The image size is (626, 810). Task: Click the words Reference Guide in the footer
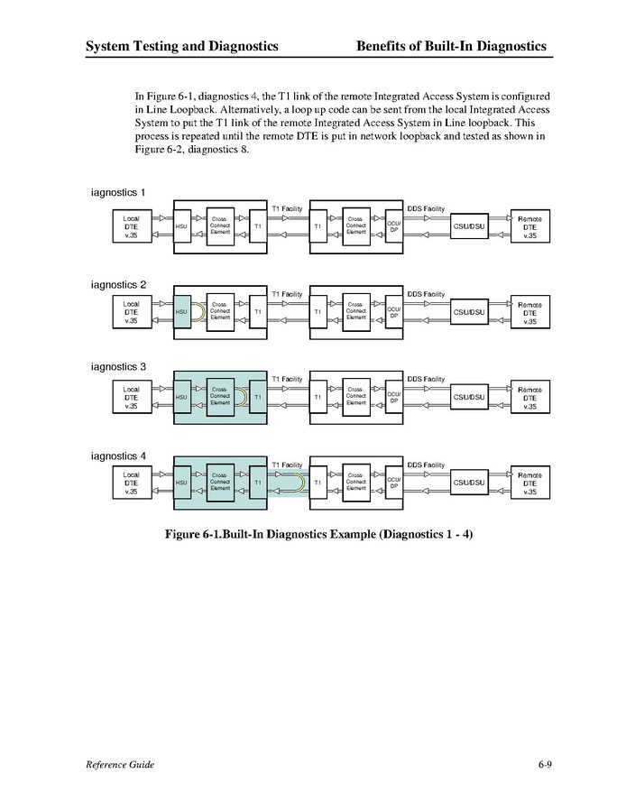pos(120,765)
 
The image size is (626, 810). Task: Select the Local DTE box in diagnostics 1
pos(132,226)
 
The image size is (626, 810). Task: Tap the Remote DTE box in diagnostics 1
pos(529,226)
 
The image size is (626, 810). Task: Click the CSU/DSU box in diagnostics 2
pos(469,312)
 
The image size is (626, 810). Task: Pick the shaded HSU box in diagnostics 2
pos(180,312)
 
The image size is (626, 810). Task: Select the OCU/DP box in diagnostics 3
pos(393,397)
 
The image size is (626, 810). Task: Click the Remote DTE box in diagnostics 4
pos(529,483)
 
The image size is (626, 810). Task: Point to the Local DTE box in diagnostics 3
pos(132,397)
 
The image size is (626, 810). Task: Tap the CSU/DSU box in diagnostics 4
pos(469,483)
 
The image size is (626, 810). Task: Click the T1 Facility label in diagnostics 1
pos(287,208)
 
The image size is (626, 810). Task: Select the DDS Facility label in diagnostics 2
pos(426,294)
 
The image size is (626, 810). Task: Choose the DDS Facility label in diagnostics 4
pos(426,465)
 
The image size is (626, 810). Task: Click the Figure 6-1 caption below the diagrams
pos(318,534)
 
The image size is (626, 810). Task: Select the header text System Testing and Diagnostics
pos(181,46)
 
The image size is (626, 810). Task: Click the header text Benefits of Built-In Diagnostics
pos(451,46)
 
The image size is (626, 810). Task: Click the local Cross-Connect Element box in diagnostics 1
pos(220,226)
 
